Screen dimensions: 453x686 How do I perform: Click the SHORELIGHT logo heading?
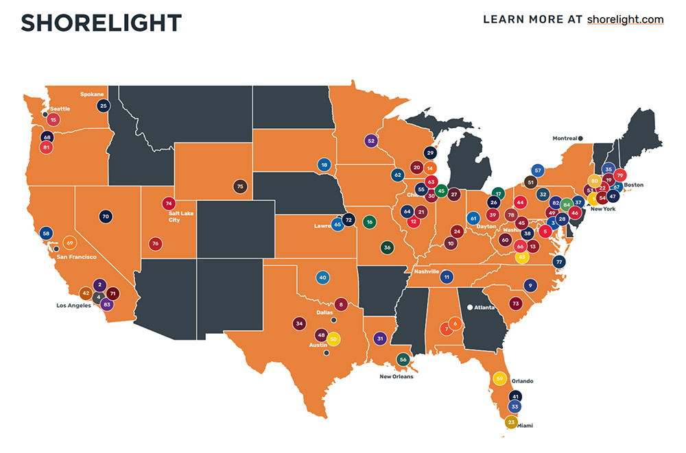101,23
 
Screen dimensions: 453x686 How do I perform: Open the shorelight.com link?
625,19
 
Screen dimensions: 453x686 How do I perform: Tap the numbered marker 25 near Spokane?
104,106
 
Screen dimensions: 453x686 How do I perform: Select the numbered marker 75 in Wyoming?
239,186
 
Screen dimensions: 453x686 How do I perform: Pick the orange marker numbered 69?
70,243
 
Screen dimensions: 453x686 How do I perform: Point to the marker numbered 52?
371,140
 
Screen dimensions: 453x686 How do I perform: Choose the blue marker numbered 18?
324,164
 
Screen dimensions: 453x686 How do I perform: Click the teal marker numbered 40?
322,278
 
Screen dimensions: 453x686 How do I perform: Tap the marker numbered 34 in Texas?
298,323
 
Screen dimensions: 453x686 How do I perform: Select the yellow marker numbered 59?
499,378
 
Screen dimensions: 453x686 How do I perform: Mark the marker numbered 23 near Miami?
510,422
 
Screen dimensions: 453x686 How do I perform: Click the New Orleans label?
397,376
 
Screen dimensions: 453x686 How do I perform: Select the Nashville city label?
425,272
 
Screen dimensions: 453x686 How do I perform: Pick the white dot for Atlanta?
470,308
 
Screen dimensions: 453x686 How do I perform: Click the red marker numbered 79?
620,175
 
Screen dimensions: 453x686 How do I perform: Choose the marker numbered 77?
559,262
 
